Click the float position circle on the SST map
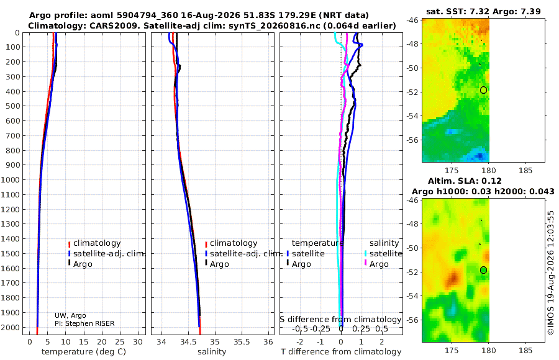(483, 90)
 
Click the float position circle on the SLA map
(483, 270)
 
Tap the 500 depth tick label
(12, 106)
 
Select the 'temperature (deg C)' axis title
(84, 352)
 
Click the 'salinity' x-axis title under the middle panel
(212, 352)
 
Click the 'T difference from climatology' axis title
(341, 352)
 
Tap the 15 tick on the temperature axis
(84, 342)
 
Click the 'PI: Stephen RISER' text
(84, 323)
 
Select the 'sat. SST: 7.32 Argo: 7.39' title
(483, 11)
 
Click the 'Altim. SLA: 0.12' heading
(465, 181)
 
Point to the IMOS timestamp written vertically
(551, 272)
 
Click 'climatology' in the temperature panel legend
(97, 243)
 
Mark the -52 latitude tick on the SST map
(412, 92)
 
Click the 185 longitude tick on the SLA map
(525, 350)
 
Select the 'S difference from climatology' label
(340, 320)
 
